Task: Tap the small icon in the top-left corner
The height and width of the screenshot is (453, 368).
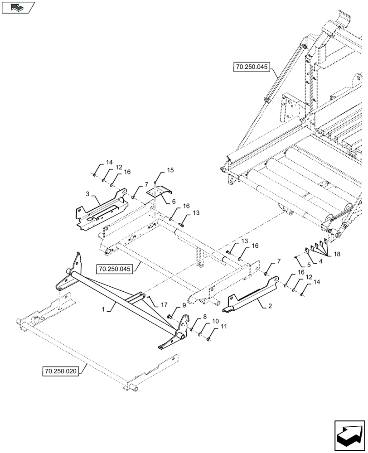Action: (x=18, y=7)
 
